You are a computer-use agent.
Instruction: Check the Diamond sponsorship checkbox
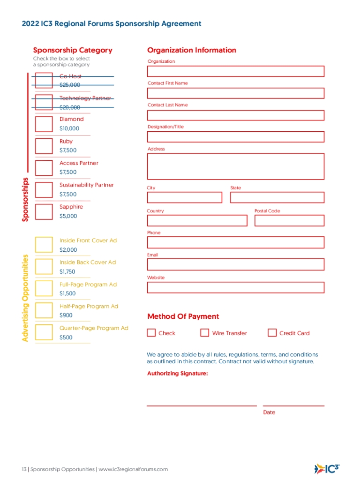click(x=44, y=124)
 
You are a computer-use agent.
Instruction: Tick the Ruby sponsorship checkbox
click(x=44, y=146)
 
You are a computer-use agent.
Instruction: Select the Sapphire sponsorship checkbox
click(x=44, y=211)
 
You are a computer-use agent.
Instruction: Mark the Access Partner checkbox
click(x=44, y=168)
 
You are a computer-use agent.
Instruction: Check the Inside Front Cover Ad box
click(x=44, y=245)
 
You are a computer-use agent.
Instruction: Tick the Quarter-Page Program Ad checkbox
click(x=44, y=332)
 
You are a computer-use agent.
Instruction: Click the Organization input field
click(x=235, y=71)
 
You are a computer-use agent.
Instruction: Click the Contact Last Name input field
click(x=235, y=115)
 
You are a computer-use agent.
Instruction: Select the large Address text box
click(x=235, y=166)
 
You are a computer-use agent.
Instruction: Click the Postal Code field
click(x=289, y=220)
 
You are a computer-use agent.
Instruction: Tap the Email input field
click(x=235, y=264)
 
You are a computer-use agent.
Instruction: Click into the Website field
click(x=235, y=287)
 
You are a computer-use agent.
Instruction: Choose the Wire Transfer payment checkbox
click(x=204, y=333)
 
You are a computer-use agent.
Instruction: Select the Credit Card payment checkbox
click(x=272, y=333)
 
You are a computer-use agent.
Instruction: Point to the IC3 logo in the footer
click(x=326, y=468)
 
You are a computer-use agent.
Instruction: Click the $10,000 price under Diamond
click(x=69, y=128)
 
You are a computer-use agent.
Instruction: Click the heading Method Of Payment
click(x=183, y=316)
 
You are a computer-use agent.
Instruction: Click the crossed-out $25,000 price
click(x=69, y=85)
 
